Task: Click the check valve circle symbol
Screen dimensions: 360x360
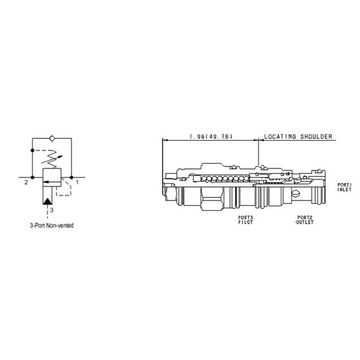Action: coord(52,138)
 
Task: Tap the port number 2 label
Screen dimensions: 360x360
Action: coord(26,183)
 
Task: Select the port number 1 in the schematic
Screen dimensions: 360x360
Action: coord(77,183)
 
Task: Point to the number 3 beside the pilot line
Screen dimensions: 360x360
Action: coord(52,210)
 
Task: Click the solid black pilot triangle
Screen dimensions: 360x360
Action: coord(48,201)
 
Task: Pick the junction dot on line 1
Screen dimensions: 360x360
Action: coord(71,177)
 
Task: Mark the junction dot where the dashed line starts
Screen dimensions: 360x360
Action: coord(32,150)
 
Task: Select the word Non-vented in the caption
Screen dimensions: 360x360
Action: coord(60,226)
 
